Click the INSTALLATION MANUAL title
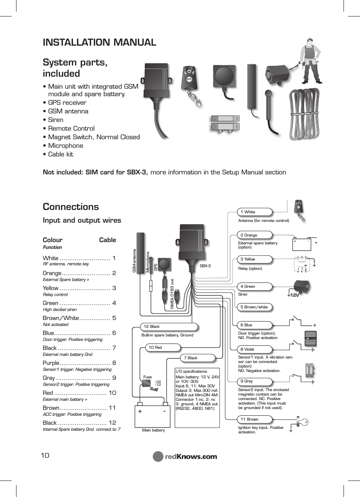coord(99,43)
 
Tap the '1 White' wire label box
coord(254,212)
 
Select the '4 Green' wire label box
coord(254,287)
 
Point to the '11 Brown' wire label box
coord(254,420)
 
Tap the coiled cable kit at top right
coord(304,114)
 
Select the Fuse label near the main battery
coord(147,377)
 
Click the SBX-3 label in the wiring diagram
coord(205,266)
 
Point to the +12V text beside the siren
coord(293,295)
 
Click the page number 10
coord(45,455)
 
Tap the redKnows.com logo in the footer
coord(185,457)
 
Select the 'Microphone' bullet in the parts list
coord(65,146)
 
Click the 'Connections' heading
coord(71,207)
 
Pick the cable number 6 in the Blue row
coord(114,333)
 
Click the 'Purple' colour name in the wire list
coord(51,363)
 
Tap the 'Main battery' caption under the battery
coord(153,430)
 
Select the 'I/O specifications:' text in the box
coord(191,372)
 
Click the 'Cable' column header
coord(107,240)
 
